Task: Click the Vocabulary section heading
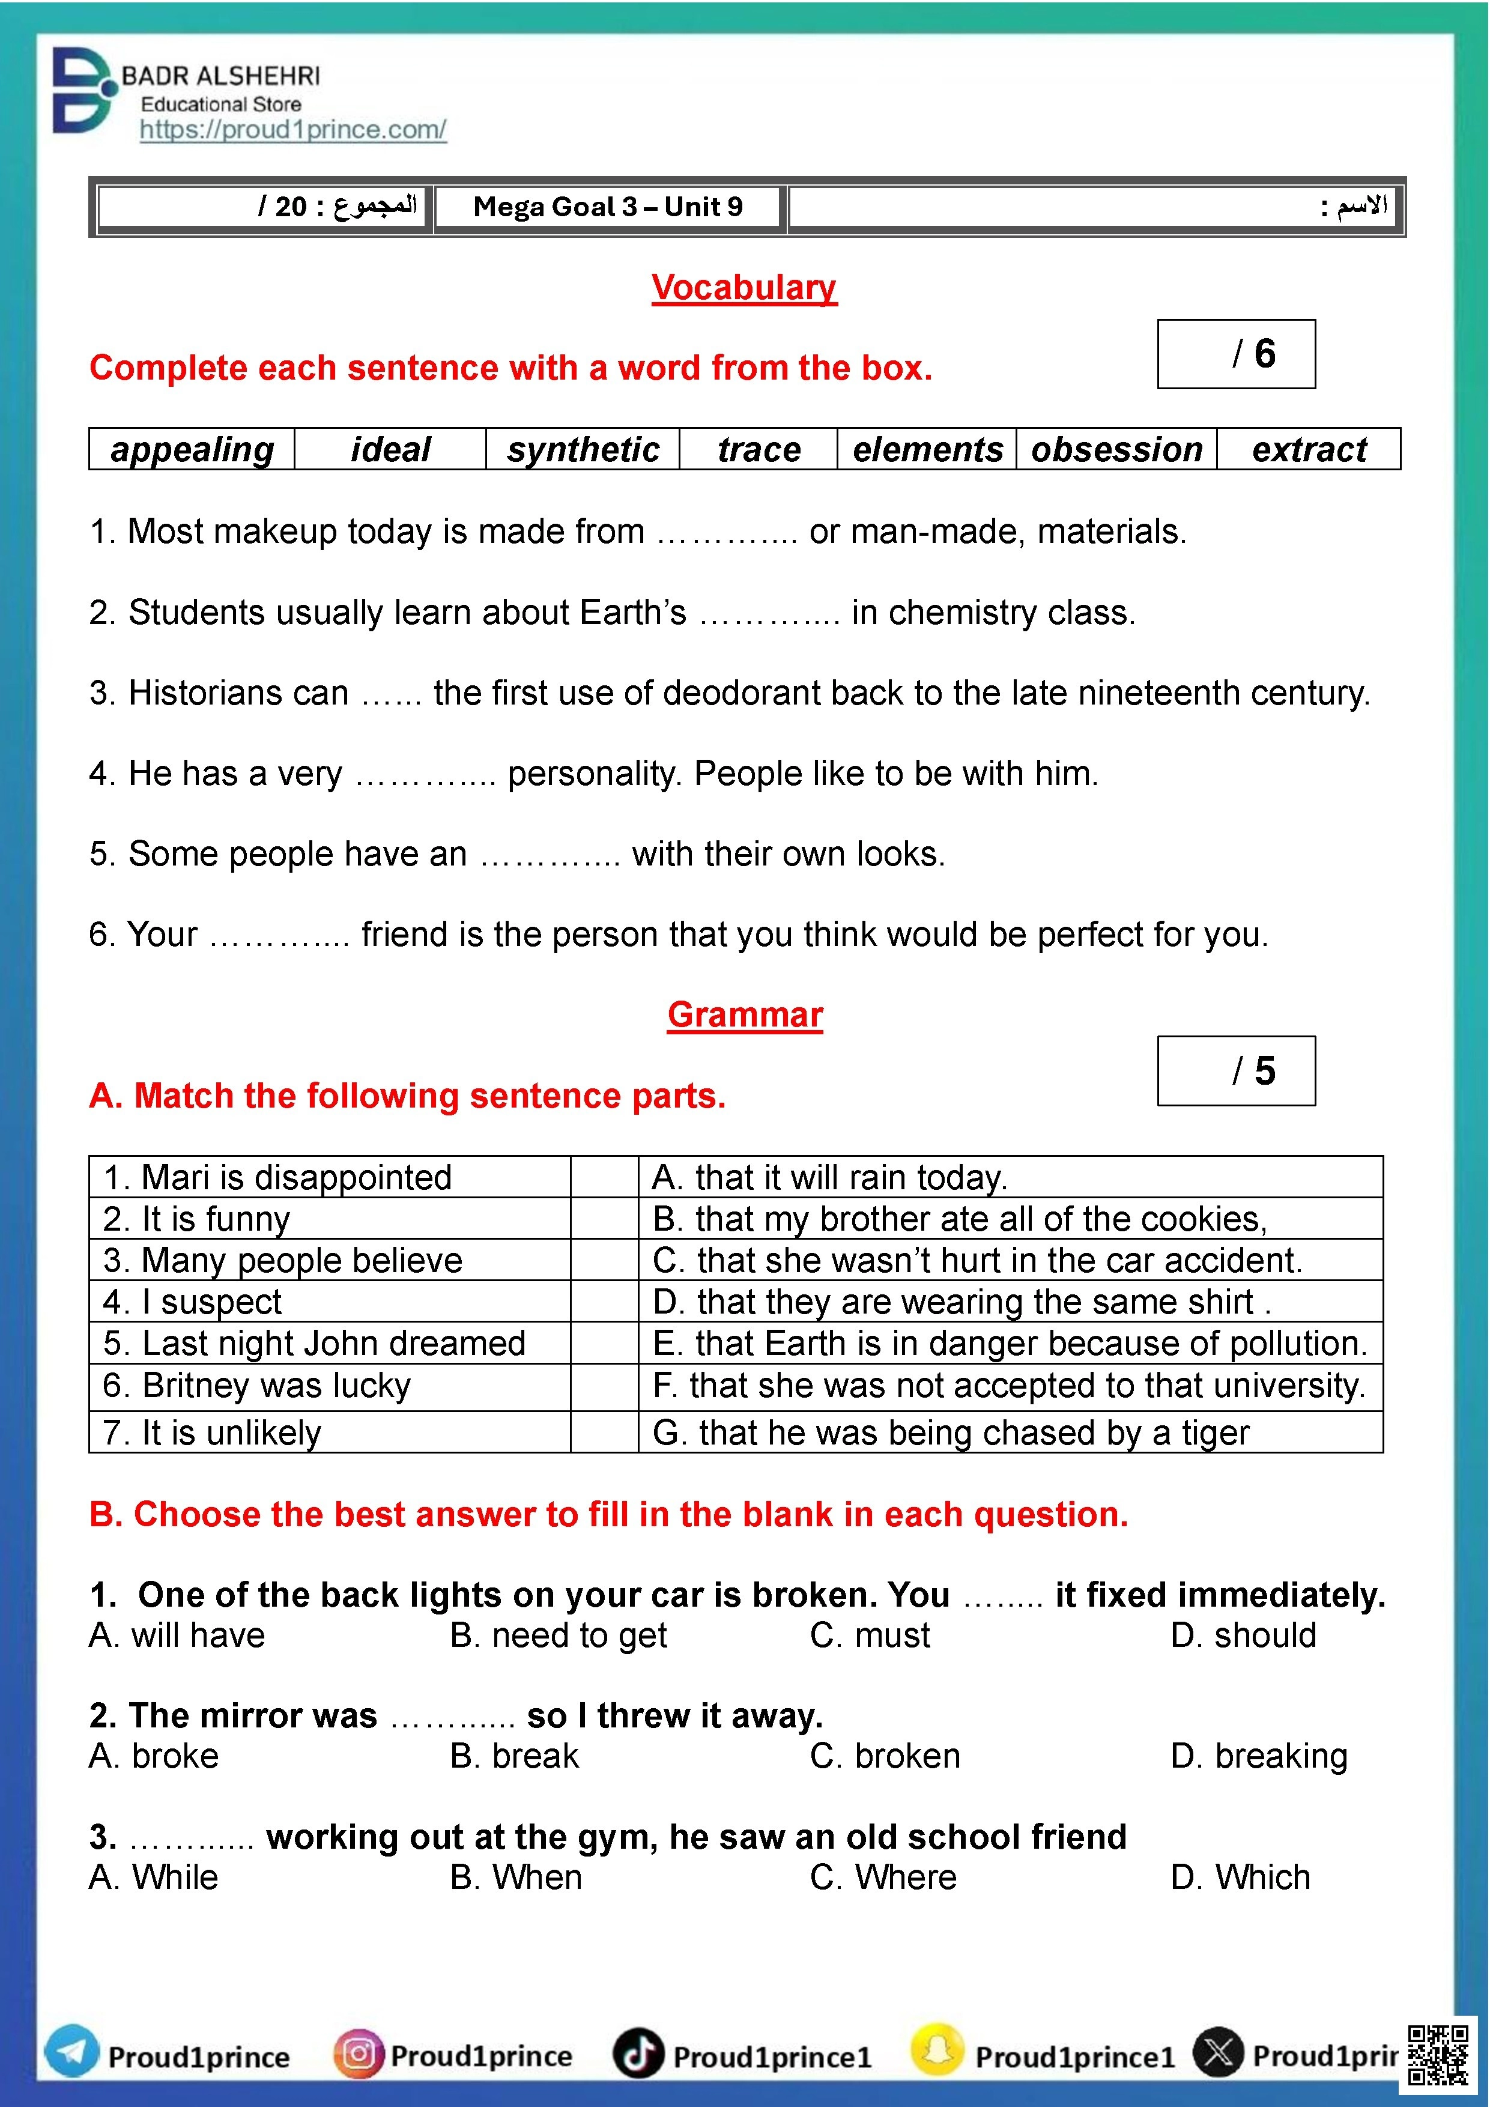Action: coord(744,287)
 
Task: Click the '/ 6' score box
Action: coord(1236,354)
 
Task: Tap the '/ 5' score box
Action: coord(1236,1071)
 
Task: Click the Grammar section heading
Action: coord(745,1015)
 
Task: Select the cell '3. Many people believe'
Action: coord(329,1260)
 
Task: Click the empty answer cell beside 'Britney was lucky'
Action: coord(604,1386)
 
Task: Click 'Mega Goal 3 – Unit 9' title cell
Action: coord(608,207)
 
